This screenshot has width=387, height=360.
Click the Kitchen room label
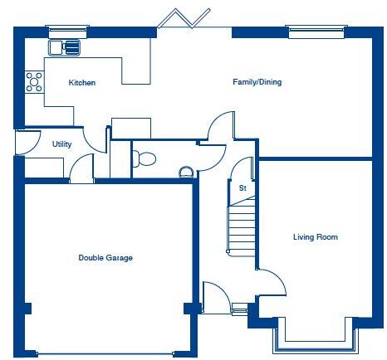pos(81,83)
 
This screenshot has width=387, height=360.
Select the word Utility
pos(61,144)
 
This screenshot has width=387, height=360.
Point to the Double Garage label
pos(105,258)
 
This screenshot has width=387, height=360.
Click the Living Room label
pos(315,237)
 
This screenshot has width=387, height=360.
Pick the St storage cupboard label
pos(242,188)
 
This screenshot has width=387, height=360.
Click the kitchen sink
pos(66,46)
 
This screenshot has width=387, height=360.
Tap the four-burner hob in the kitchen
pos(35,81)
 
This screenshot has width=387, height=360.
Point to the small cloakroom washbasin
pos(187,172)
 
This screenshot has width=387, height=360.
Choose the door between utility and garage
pos(81,168)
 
